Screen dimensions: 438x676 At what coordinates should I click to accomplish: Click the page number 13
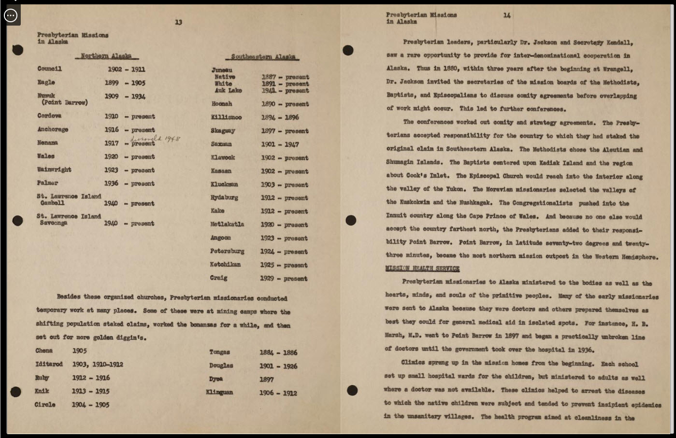178,22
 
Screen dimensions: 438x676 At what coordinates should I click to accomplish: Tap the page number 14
506,15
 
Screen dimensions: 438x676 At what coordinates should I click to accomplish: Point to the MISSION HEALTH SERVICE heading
422,268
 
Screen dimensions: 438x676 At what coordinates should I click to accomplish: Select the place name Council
49,69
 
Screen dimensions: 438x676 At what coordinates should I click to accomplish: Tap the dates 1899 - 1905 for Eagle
125,83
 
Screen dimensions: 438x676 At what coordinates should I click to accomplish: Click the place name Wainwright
54,170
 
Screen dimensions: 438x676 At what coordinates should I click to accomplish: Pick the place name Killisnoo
226,117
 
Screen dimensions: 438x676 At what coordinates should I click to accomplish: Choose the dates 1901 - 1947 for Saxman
280,144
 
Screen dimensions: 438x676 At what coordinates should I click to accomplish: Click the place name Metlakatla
227,224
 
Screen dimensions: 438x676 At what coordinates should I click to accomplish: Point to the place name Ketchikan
225,265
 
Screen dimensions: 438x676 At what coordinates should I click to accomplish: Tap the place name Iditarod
49,364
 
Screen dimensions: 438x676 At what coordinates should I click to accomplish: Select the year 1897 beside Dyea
266,380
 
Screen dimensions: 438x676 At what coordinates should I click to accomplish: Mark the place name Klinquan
219,392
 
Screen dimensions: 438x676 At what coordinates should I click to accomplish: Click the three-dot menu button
11,15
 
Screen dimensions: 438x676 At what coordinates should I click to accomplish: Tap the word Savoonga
54,223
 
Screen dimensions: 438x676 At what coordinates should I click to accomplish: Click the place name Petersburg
227,251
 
